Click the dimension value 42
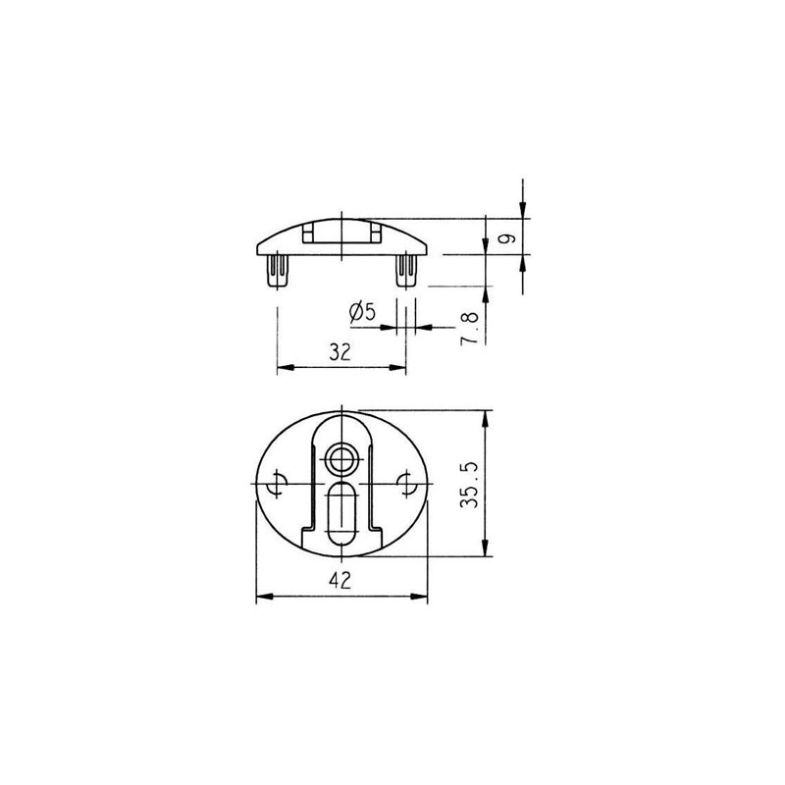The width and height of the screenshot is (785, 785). [340, 580]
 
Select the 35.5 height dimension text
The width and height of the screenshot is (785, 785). [470, 485]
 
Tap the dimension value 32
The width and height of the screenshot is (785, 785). [340, 352]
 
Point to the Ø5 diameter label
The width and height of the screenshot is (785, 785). [362, 312]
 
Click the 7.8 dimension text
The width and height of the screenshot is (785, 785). [470, 329]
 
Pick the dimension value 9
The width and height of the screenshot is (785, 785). [507, 237]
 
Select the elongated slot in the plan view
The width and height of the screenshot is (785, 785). [341, 513]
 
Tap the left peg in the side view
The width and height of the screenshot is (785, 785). [278, 271]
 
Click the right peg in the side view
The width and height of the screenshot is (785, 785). [406, 271]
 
